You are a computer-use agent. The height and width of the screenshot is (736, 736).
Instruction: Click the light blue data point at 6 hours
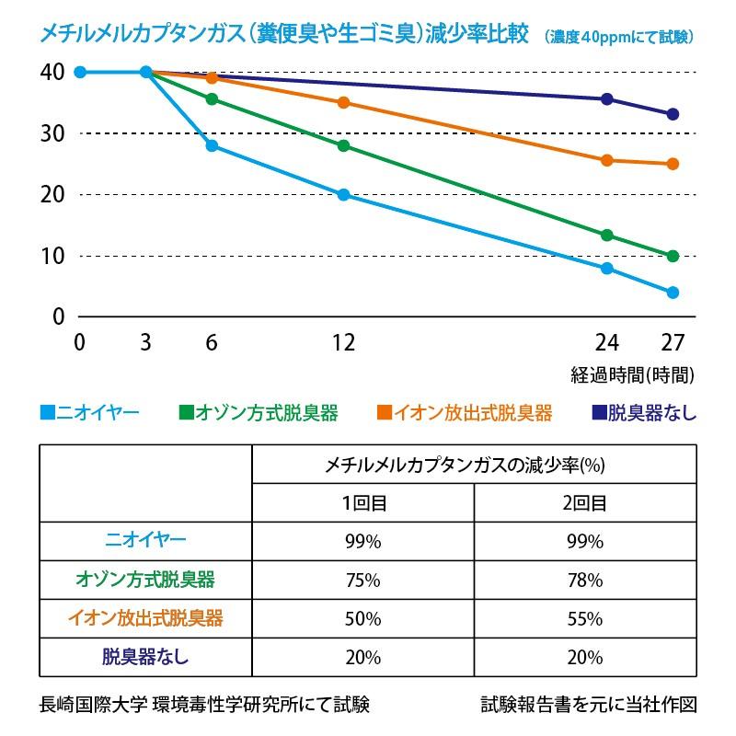212,145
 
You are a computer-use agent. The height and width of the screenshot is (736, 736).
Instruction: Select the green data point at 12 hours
344,145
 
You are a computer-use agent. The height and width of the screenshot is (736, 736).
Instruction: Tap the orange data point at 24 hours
607,160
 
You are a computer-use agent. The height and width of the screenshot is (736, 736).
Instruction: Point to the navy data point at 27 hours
673,114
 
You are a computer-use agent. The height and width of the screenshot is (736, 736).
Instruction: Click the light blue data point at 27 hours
673,293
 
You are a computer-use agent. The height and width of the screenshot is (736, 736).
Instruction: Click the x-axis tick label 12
343,343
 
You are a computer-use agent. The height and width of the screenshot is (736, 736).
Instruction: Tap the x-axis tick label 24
606,343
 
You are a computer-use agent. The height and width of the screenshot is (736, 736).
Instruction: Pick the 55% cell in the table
585,618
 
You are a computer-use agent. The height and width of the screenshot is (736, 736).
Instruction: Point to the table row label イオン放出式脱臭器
145,617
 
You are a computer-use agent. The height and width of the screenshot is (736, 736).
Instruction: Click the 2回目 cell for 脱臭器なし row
585,657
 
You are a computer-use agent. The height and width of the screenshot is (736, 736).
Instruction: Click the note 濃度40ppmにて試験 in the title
618,38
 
